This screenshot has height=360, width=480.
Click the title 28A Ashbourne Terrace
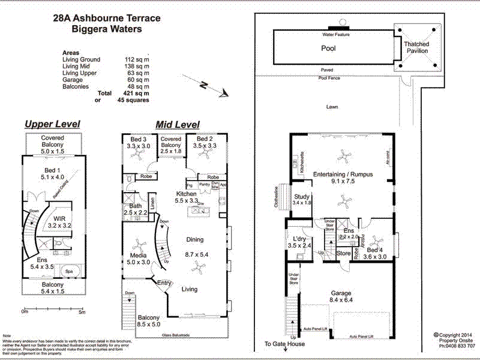[107, 18]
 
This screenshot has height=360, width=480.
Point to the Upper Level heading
[52, 124]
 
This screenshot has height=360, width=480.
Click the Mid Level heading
[178, 124]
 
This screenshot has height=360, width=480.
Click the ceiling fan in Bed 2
[206, 155]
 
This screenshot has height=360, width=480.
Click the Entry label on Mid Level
[164, 283]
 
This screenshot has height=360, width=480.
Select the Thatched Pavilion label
[416, 47]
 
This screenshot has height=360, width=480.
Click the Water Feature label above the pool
[336, 35]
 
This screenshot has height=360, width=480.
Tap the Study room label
[301, 200]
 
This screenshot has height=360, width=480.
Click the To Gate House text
[284, 344]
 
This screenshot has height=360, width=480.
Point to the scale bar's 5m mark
[82, 312]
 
